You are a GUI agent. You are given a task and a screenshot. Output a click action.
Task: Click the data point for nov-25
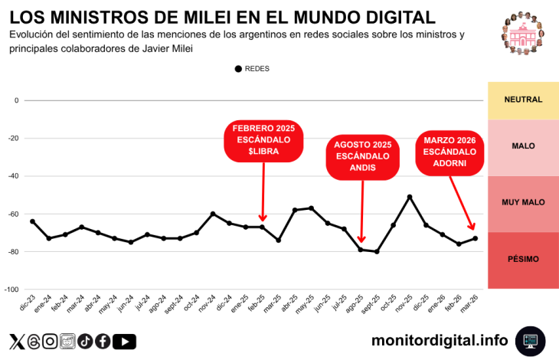pos(410,197)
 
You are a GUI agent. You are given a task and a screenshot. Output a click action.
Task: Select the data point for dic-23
pos(32,221)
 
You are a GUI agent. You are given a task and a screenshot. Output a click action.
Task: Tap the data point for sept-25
pos(377,251)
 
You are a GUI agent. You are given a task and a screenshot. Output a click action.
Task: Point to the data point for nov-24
pos(213,214)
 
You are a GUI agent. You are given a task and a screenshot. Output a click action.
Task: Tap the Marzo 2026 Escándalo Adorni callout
pos(450,152)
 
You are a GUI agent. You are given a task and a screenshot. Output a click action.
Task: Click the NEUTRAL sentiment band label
pos(523,100)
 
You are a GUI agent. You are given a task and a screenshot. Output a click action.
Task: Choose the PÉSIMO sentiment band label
pos(523,259)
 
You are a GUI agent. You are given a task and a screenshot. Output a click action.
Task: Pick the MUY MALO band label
pos(523,202)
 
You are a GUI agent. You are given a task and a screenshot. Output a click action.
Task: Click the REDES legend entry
pos(252,69)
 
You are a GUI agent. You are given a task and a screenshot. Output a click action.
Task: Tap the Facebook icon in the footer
pos(103,342)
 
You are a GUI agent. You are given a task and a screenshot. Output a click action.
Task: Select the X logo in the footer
pos(16,342)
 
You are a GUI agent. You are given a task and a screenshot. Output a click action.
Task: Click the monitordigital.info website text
pos(440,340)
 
